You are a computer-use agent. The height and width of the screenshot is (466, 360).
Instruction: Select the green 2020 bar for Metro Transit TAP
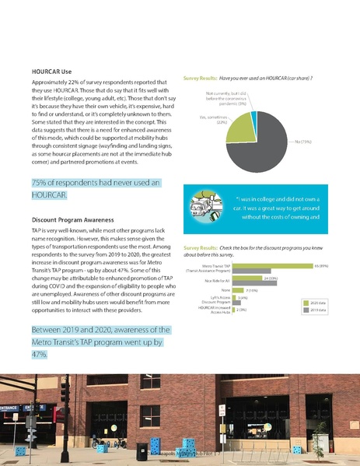(272, 265)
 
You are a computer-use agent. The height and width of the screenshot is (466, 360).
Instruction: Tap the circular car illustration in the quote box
(208, 209)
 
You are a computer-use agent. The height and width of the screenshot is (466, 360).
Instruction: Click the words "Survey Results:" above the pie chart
(200, 79)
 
